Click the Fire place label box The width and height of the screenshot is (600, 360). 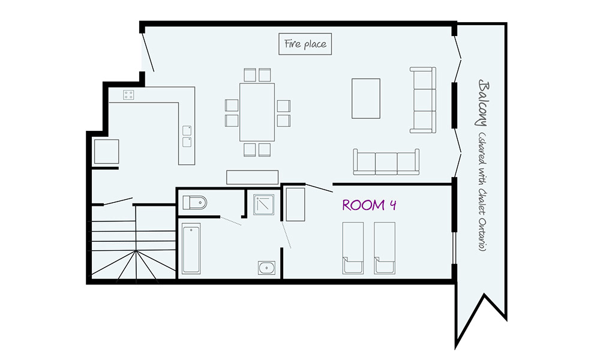coord(305,44)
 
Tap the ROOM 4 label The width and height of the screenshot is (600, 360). coord(369,205)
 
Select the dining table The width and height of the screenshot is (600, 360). coord(257,112)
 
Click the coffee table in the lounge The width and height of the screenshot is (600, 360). coord(365,98)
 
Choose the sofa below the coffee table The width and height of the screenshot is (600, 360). coord(386,162)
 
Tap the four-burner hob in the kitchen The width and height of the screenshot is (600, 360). coord(129,94)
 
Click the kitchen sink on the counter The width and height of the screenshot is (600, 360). coord(187,136)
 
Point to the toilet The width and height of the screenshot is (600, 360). coord(194,203)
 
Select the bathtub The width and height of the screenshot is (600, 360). coord(191,248)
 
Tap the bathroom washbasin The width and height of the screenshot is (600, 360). coord(266,267)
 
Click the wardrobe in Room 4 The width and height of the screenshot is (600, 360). coord(295,204)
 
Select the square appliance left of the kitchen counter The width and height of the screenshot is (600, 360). coord(106,151)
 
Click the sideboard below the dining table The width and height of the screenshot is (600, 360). coord(252,176)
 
